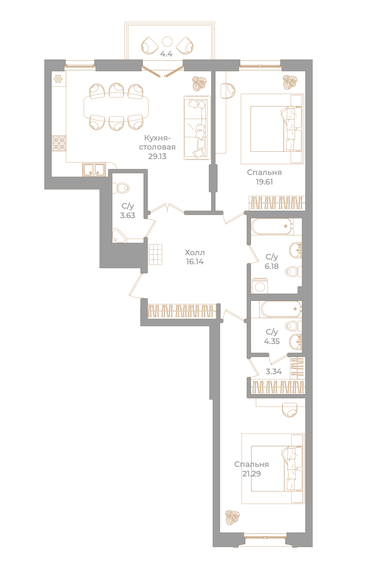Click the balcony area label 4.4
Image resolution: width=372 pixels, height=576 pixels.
pos(166,54)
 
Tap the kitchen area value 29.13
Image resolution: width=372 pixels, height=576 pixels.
pos(157,157)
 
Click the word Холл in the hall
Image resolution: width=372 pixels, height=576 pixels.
pos(195,253)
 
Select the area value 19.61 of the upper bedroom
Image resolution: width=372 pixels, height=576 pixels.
pos(264,182)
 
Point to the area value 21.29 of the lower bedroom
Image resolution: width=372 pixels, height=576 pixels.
pos(251,473)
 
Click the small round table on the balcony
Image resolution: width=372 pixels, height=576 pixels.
pos(167,41)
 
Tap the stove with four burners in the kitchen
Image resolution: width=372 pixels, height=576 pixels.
pos(59,143)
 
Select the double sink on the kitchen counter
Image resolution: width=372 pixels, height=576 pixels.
pos(94,169)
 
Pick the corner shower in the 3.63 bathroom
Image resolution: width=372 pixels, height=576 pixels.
pos(119,235)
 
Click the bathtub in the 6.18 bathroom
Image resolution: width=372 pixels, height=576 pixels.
pos(272,226)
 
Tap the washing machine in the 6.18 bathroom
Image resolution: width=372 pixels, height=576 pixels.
pos(260,286)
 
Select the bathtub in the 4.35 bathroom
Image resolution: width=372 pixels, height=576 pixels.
pos(281,310)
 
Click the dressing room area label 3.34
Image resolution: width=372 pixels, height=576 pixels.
pos(274,371)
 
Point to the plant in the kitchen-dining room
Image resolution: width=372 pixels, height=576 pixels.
pos(199,83)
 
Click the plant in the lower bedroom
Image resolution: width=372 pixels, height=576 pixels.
pos(232,517)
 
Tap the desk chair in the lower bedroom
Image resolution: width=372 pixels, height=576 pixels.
pos(290,410)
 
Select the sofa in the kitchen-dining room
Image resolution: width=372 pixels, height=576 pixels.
pos(197,128)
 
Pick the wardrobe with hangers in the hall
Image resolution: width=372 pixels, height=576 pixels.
pos(182,310)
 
